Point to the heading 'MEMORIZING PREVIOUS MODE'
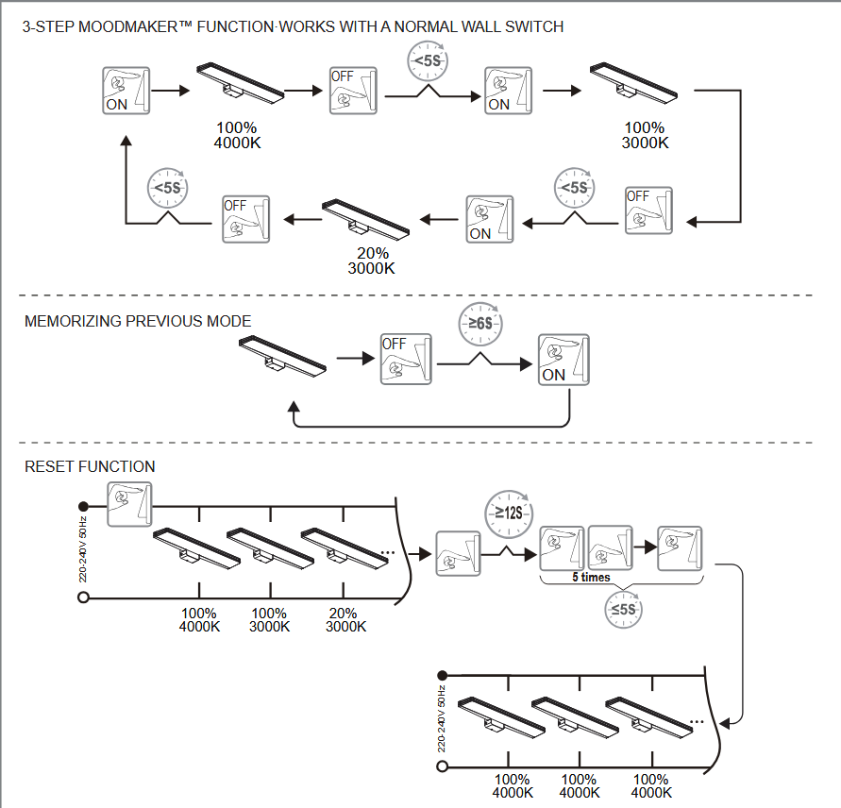click(138, 322)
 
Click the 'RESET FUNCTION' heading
click(90, 466)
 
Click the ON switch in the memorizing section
click(563, 359)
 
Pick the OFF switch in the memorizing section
click(406, 359)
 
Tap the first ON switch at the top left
click(126, 91)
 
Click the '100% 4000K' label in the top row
click(237, 135)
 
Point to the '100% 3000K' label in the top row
click(645, 135)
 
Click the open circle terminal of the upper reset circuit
click(83, 598)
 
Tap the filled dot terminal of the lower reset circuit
click(441, 676)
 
